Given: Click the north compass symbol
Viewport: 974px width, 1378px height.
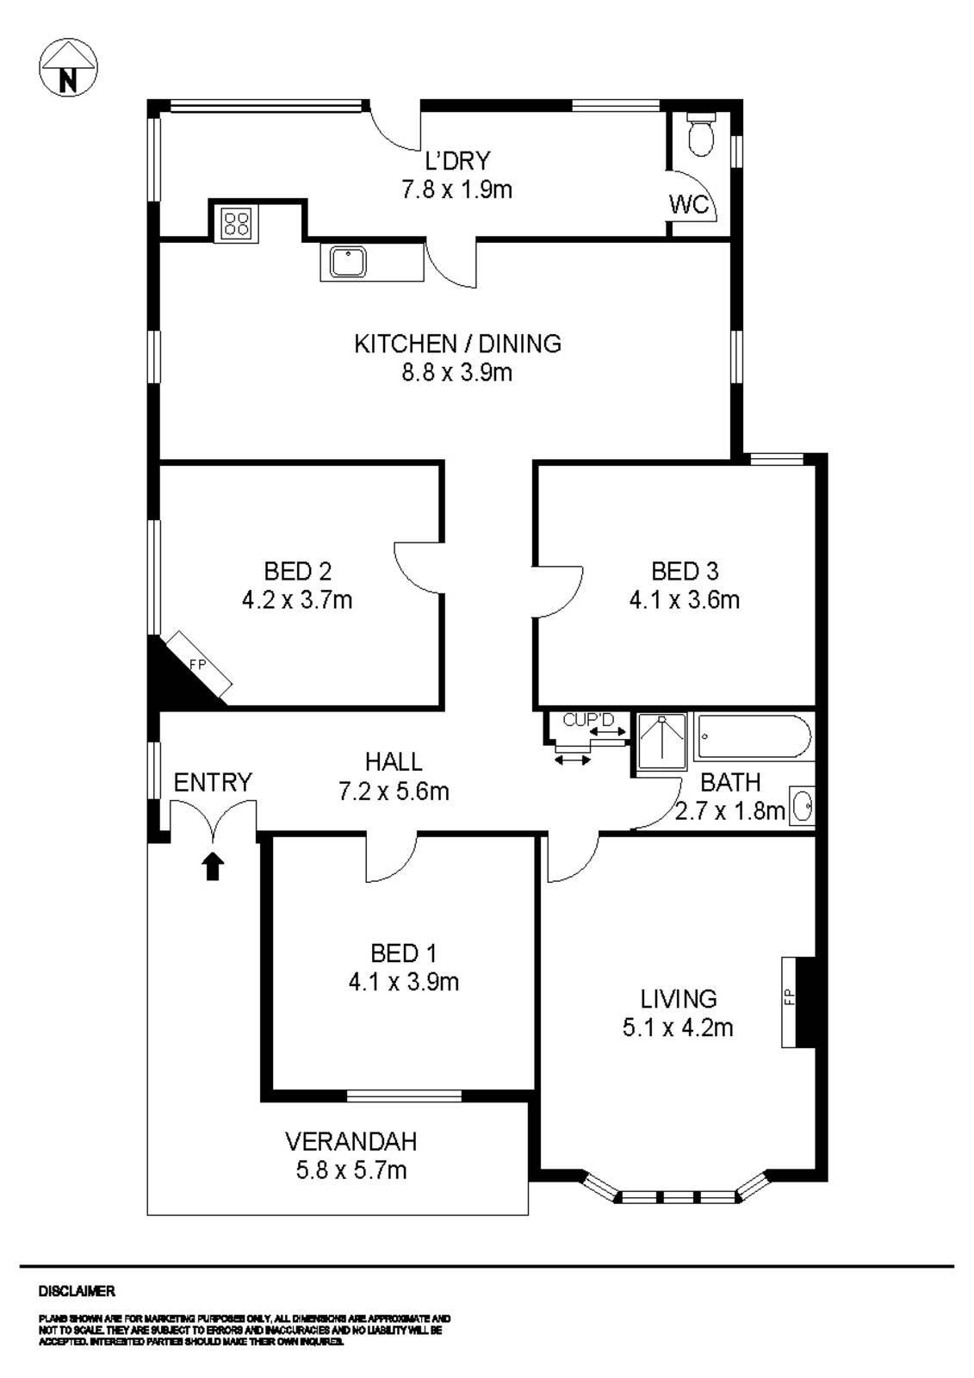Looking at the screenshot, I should pos(68,68).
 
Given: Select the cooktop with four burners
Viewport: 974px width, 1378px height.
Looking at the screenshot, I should pos(236,224).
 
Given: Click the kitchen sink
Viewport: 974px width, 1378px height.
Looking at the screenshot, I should pos(348,262).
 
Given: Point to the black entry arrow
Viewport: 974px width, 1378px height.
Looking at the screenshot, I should pos(213,866).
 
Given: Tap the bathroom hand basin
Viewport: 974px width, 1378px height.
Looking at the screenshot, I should pos(803,807).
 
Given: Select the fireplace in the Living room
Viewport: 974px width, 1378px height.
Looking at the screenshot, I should pos(797,1001).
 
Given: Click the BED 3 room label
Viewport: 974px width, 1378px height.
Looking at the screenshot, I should pos(685,571).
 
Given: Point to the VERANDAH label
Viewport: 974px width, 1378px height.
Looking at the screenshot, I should pos(351,1141).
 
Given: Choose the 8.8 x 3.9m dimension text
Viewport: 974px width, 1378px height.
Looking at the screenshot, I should pos(457,372).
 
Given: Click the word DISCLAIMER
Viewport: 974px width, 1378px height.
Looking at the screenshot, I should pos(77,1291).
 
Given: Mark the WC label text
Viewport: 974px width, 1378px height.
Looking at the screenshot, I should pos(689,204).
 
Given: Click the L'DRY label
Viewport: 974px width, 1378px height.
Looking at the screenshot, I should pos(457,161).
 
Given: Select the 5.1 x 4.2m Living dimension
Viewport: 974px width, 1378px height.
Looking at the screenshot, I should pos(678,1027).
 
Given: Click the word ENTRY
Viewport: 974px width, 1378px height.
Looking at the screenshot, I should pos(213,782).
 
